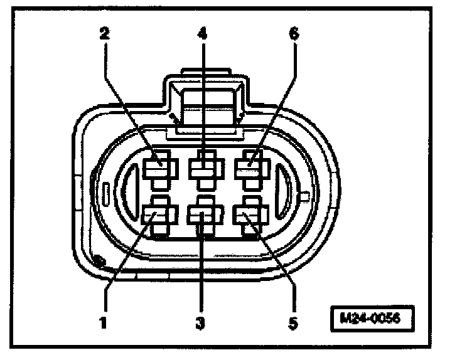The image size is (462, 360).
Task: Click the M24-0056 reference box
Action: [373, 318]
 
